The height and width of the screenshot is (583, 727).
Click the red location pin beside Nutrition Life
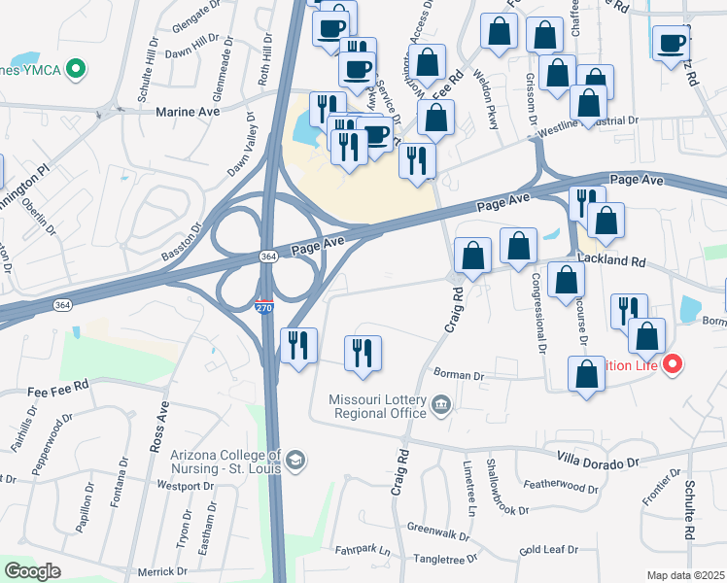click(673, 365)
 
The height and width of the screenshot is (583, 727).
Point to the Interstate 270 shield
click(264, 307)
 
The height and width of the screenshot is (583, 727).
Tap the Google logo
click(33, 570)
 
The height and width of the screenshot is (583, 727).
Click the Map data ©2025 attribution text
click(685, 575)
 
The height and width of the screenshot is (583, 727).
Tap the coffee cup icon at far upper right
click(673, 42)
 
